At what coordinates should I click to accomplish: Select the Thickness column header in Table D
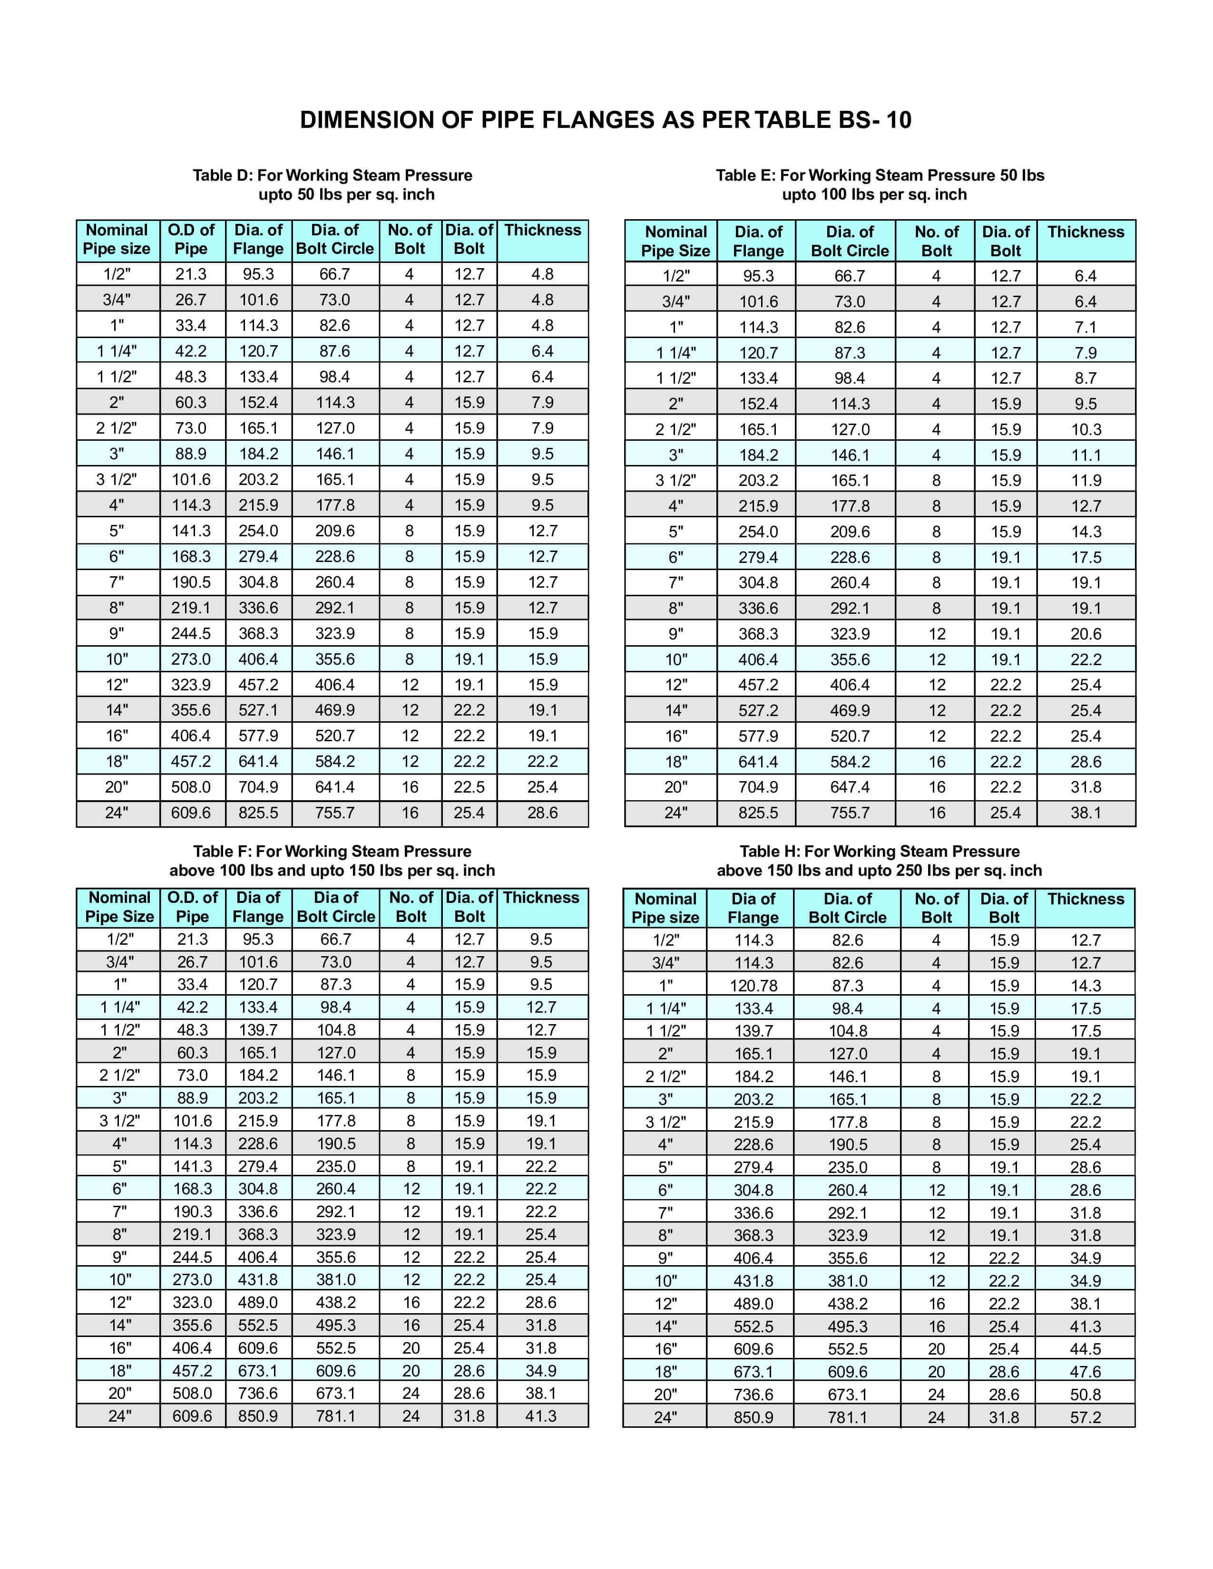[x=543, y=231]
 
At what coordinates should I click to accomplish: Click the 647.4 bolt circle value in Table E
[x=850, y=787]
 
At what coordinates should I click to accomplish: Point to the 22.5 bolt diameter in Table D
[x=469, y=787]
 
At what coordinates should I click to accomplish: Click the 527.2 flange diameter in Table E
[x=758, y=710]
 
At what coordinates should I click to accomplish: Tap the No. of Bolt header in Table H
[x=936, y=908]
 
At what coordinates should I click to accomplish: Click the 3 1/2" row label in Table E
[x=675, y=481]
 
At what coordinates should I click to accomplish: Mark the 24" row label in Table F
[x=119, y=1416]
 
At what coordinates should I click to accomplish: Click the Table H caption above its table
[x=879, y=861]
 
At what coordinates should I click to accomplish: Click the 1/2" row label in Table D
[x=117, y=274]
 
